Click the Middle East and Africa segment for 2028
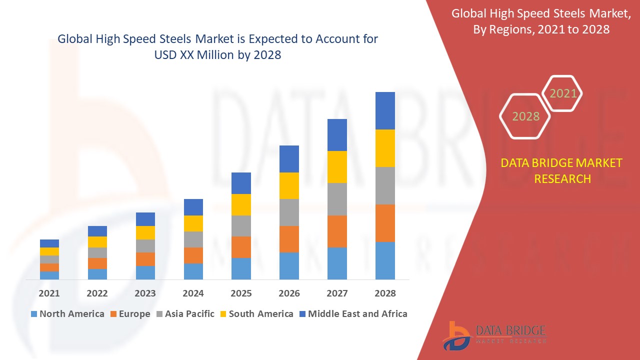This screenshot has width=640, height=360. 385,110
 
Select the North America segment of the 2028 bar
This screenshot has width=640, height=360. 385,260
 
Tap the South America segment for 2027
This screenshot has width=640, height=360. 337,167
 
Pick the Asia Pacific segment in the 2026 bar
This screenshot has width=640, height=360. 289,212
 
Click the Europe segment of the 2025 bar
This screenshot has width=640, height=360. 241,247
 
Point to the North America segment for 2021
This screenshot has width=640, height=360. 49,275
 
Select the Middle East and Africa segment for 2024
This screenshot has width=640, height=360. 193,207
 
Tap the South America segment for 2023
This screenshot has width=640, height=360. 145,232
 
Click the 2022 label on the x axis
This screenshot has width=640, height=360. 97,293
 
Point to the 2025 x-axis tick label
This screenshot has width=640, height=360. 241,293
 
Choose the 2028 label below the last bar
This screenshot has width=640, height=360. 385,293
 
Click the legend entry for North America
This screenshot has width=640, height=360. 67,314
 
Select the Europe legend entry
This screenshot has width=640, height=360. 129,314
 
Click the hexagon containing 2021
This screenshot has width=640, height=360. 563,93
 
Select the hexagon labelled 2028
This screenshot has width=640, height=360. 525,116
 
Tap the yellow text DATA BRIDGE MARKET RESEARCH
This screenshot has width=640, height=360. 562,171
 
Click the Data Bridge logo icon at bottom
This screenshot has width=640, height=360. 456,335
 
